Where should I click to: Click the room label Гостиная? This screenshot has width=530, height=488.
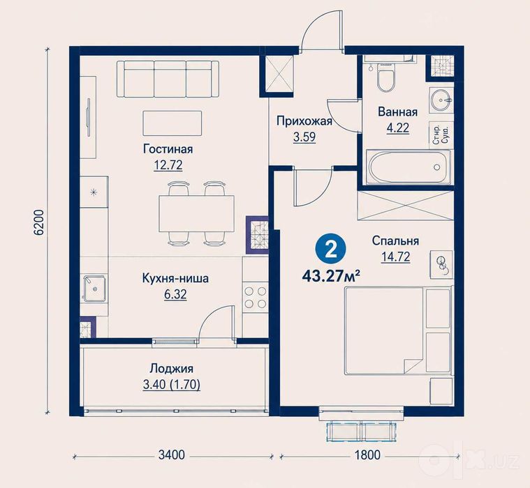168,148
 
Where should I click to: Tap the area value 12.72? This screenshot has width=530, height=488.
168,165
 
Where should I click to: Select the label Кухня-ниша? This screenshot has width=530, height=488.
175,279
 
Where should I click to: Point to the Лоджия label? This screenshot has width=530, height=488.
172,369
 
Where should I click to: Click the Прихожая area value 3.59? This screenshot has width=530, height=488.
304,137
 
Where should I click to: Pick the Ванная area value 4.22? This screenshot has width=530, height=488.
398,128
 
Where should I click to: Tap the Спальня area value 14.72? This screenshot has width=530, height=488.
395,257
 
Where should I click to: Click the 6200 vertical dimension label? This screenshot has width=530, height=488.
39,222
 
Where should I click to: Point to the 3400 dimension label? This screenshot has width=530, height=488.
172,455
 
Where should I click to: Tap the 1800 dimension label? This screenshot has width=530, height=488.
367,455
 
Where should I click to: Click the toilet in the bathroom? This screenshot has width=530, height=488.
385,77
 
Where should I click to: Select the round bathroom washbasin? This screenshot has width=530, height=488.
441,100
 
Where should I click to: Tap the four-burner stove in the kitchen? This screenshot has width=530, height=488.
256,297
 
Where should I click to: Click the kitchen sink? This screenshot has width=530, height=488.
95,288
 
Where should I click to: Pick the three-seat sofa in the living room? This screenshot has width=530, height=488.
168,79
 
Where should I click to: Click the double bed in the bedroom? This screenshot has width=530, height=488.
398,330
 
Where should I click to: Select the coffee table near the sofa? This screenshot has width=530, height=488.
172,123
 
